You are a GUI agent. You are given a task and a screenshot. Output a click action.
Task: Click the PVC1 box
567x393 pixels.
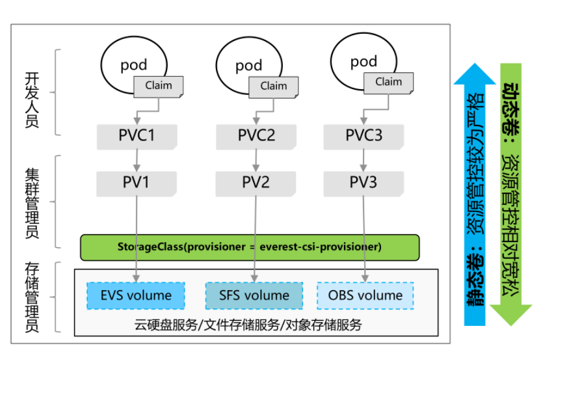(137, 135)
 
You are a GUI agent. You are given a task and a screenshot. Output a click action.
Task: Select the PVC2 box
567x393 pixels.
(256, 135)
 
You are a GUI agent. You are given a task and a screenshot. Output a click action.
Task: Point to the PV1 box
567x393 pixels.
(137, 183)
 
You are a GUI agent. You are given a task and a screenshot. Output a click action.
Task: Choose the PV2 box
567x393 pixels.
(256, 183)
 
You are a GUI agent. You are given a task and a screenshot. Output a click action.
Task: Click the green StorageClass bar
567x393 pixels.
(250, 247)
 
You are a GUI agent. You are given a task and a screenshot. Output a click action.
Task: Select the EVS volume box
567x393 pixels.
(136, 295)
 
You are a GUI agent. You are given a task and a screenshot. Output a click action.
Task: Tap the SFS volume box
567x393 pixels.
(254, 295)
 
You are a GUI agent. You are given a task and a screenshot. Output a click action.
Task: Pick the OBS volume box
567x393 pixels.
(365, 295)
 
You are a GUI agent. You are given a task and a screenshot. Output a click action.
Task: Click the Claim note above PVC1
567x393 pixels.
(159, 86)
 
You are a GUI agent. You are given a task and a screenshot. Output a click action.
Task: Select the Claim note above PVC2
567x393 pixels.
(274, 86)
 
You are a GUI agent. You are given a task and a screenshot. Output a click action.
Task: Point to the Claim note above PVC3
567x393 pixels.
(388, 82)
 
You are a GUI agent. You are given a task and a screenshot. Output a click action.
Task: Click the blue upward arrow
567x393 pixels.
(475, 195)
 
